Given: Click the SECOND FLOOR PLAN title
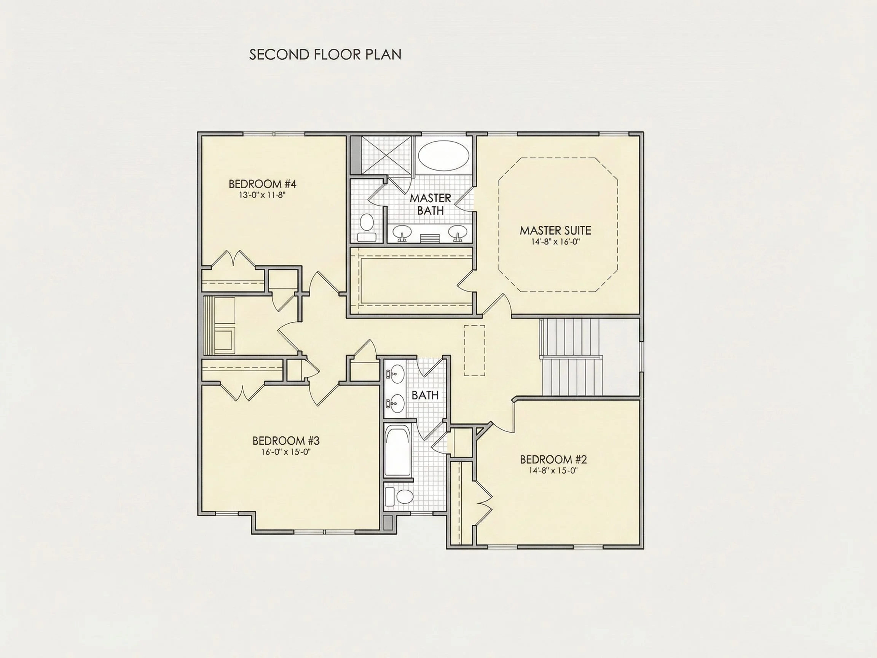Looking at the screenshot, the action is coord(325,55).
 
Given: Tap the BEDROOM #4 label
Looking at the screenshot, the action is coord(263,184).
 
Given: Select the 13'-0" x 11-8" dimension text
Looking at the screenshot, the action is coord(262,195).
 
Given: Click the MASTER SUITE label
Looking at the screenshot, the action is coord(555,230).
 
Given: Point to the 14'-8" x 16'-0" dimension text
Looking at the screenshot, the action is coord(555,242).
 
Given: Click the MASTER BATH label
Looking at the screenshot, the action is coord(431,204).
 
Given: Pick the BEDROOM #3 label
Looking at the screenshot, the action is coord(286,441).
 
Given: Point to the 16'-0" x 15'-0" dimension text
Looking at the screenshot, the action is coord(285,452).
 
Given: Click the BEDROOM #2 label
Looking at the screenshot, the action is coord(553,459).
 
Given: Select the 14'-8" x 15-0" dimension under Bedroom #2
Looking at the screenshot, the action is coord(553,471).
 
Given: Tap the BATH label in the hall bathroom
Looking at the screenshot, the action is coord(425,395).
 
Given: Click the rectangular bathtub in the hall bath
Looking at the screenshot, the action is coord(397,451).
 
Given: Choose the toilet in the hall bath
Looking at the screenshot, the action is coord(399,497).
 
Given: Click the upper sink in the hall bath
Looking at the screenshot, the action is coord(395,374).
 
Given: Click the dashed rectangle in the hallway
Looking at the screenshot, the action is coord(475,351).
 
